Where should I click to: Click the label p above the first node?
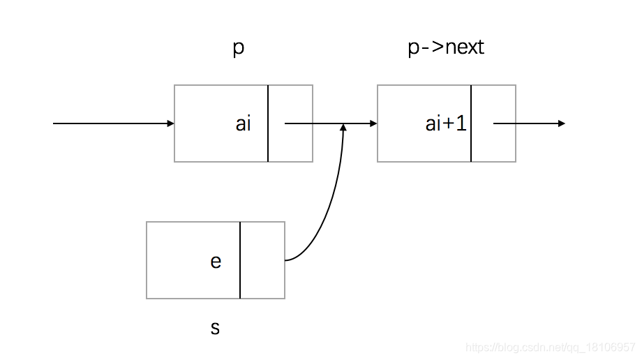click(x=238, y=50)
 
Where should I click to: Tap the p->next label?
click(x=445, y=47)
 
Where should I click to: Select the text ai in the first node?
click(x=243, y=124)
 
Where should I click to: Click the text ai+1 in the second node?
click(x=446, y=124)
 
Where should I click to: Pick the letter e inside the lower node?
click(x=216, y=261)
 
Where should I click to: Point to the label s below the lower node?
click(x=215, y=327)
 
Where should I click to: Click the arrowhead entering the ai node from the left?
click(x=170, y=123)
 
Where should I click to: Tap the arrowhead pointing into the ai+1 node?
click(x=373, y=123)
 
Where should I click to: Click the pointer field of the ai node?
click(x=290, y=140)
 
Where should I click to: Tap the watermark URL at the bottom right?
click(x=551, y=347)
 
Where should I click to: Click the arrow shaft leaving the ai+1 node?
click(x=523, y=123)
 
